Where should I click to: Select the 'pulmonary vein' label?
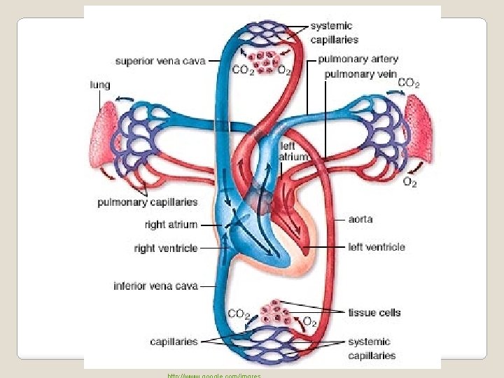[361, 73]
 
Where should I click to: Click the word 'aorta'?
[360, 219]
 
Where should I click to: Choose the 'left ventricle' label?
[377, 247]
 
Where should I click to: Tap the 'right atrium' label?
[171, 225]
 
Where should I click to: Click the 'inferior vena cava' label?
[156, 286]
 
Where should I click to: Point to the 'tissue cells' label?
[374, 312]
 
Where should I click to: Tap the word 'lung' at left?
[99, 85]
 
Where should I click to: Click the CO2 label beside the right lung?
[408, 83]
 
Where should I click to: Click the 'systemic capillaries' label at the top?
[335, 33]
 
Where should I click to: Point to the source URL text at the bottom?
[213, 375]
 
